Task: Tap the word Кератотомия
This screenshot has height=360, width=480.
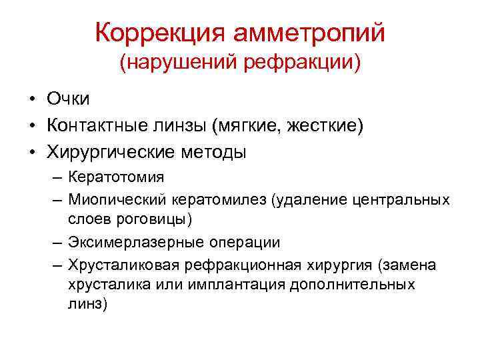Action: (x=115, y=178)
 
